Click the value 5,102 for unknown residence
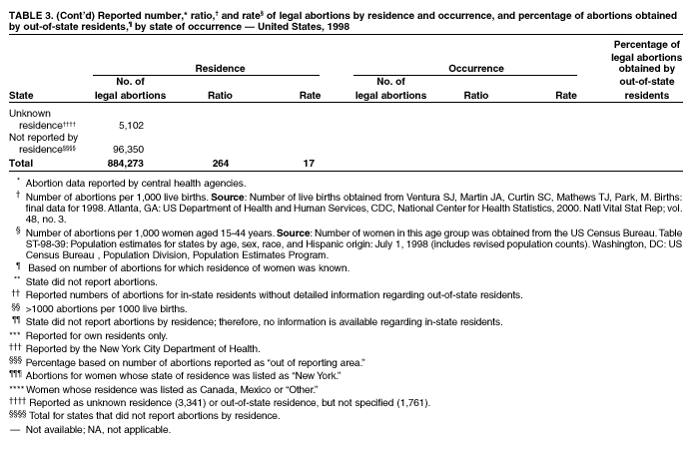pos(132,126)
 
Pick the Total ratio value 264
pos(221,163)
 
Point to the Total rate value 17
pos(310,163)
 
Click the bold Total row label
pos(21,163)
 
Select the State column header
pos(21,95)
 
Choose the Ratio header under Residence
pos(220,95)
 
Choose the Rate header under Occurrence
pos(566,95)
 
